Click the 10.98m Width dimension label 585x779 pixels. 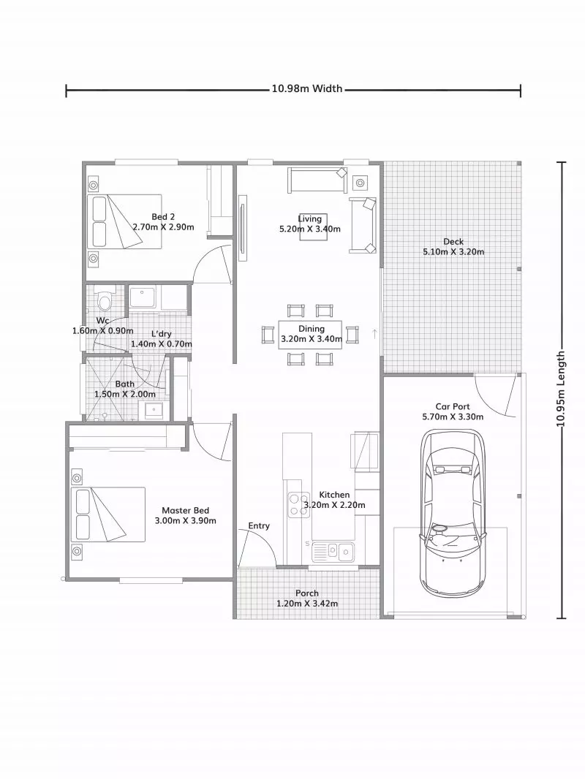click(306, 89)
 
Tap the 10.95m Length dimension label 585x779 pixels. click(562, 389)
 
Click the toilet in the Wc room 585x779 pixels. click(104, 301)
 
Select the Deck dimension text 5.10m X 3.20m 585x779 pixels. click(453, 252)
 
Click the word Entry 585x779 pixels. click(259, 525)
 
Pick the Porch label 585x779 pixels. click(306, 593)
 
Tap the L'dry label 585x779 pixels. click(162, 334)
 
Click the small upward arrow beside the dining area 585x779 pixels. click(374, 333)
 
